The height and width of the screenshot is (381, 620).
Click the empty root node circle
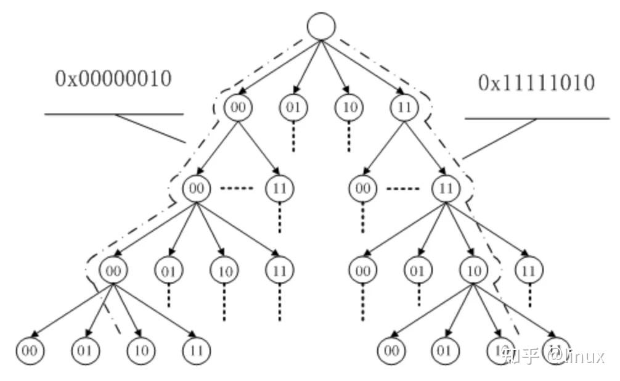click(x=321, y=26)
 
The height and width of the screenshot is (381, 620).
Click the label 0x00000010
click(x=113, y=78)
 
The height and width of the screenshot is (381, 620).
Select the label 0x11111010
click(x=536, y=83)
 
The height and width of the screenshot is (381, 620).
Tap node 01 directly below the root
click(x=293, y=107)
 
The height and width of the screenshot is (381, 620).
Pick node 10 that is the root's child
click(x=349, y=107)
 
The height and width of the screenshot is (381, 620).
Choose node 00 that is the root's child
click(x=238, y=107)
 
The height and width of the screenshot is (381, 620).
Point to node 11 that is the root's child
click(x=404, y=107)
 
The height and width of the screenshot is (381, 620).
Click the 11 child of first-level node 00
click(x=279, y=188)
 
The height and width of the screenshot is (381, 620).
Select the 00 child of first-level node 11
click(x=363, y=188)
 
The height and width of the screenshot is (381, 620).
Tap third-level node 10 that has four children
click(x=473, y=270)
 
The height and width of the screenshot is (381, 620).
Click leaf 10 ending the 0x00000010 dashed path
click(x=141, y=351)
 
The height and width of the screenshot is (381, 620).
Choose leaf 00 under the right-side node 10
click(x=391, y=351)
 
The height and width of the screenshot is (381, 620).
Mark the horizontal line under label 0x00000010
click(x=114, y=114)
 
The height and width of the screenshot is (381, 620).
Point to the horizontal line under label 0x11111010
click(x=536, y=118)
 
